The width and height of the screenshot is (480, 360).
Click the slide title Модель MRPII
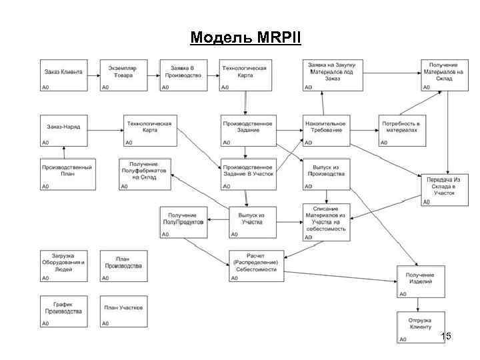(x=245, y=37)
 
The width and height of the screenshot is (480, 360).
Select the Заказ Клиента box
(x=63, y=75)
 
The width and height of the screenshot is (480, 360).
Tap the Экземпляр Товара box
(x=123, y=75)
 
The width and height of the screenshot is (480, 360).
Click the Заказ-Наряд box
(x=63, y=131)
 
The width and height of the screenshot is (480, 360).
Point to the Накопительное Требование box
(x=326, y=131)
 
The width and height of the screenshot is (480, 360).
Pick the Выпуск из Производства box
(x=326, y=174)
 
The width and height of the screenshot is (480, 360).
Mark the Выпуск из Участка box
(x=252, y=222)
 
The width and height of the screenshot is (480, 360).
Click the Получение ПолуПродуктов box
(x=182, y=222)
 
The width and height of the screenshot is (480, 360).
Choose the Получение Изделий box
(x=421, y=282)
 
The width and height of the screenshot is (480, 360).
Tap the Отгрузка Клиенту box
(x=421, y=327)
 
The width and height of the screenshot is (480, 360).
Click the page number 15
(x=446, y=336)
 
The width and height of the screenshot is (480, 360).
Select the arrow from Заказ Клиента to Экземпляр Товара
(x=93, y=75)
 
